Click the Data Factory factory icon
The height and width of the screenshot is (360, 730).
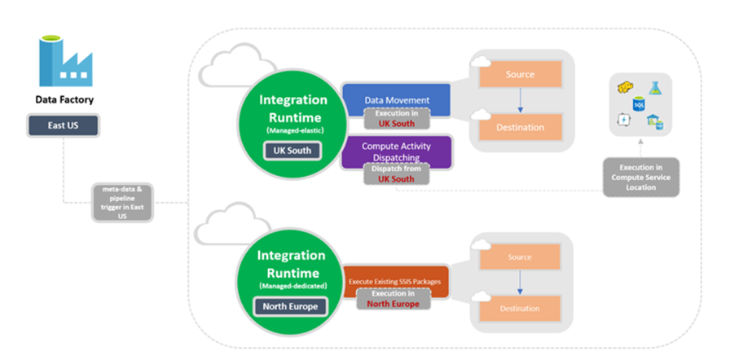(x=64, y=61)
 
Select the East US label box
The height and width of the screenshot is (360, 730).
(x=64, y=125)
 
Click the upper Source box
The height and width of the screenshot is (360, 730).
(x=519, y=75)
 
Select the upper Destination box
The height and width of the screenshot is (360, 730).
(x=519, y=127)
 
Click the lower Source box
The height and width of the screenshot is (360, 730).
(x=519, y=257)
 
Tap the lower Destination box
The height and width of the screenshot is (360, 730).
(x=519, y=309)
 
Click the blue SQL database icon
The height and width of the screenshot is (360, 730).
(x=640, y=103)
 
